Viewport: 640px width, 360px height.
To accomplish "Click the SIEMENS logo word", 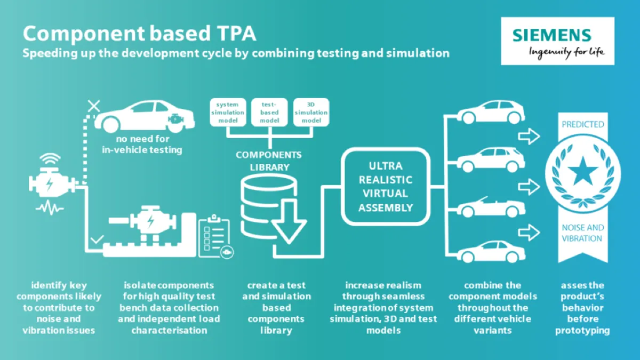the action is pos(551,35).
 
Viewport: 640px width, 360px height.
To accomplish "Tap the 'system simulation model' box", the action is pos(228,113).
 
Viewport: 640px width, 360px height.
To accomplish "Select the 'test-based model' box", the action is pos(269,113).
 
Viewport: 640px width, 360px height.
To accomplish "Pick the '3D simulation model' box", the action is pos(311,113).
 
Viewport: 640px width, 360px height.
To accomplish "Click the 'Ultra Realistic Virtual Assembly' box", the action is pos(386,187).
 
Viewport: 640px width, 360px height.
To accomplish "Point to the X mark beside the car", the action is pos(94,106).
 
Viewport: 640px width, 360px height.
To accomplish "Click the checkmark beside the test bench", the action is pos(97,239).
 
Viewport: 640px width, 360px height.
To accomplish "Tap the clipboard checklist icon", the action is pos(215,237).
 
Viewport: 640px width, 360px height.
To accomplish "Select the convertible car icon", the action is pos(491,207).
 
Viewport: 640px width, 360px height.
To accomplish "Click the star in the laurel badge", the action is pos(583,171).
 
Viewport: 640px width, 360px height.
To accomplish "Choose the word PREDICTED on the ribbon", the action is pos(583,125).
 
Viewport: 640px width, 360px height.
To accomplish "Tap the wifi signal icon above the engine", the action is pos(50,159).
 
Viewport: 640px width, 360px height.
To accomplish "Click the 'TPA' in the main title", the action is pos(233,34).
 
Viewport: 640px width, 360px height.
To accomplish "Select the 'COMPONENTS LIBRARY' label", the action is pos(269,161).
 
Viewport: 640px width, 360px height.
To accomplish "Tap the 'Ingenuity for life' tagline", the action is pos(566,53).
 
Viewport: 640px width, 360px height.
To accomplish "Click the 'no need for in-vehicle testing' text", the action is pos(142,145).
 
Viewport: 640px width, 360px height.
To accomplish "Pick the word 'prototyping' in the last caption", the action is pos(582,331).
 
